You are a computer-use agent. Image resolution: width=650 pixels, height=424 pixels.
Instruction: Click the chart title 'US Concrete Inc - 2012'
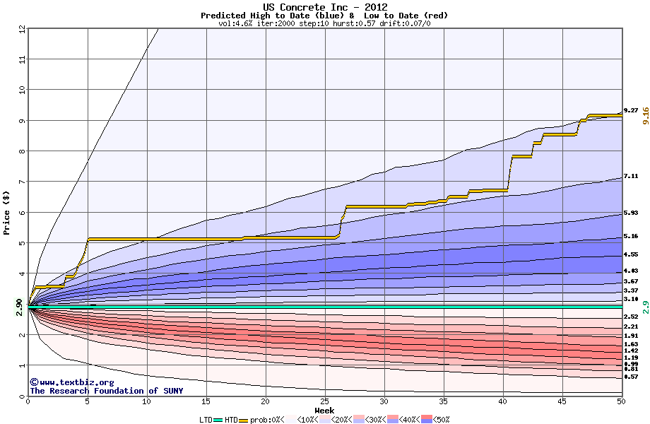(324, 7)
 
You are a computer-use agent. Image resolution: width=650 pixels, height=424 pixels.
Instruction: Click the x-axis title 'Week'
(324, 411)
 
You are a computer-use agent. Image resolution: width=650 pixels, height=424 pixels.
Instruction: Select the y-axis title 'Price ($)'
(7, 211)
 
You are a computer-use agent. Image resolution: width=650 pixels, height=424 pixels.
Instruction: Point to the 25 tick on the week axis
(324, 401)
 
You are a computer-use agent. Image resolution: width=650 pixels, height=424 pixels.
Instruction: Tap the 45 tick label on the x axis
(562, 401)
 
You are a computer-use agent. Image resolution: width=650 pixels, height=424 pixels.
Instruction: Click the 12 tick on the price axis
(22, 28)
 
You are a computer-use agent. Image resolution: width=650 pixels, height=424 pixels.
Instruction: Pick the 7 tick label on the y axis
(22, 182)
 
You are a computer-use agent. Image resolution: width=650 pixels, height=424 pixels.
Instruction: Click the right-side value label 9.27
(631, 111)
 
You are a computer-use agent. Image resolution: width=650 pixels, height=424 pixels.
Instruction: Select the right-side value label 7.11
(631, 177)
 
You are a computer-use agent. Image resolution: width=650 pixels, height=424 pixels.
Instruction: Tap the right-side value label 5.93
(631, 213)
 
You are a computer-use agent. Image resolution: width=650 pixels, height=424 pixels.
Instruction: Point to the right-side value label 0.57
(631, 377)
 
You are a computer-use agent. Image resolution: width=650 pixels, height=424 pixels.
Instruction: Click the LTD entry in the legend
(207, 420)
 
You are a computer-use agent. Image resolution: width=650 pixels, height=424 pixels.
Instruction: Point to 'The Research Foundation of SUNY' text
(106, 391)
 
